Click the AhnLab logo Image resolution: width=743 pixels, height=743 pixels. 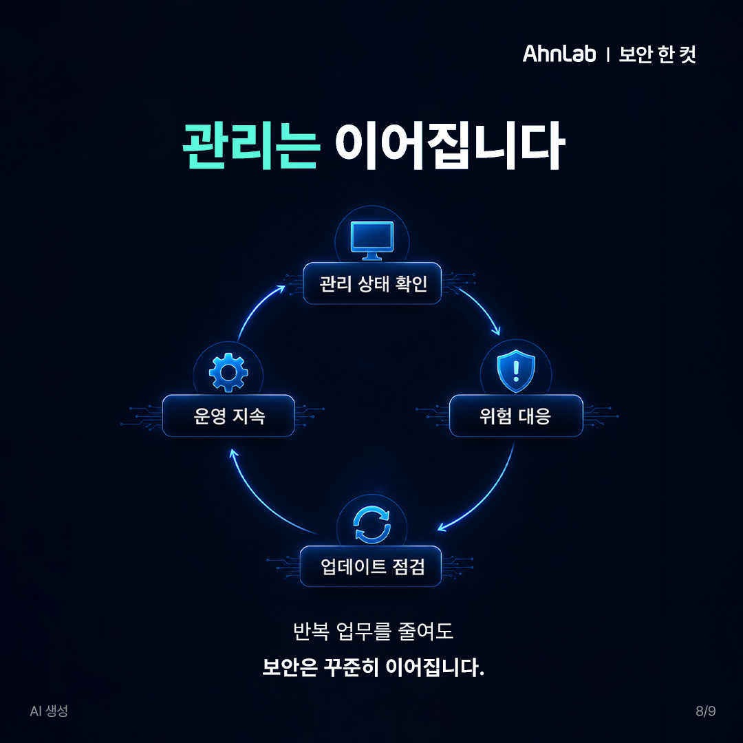[x=559, y=54]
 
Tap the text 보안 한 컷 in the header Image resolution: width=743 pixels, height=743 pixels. [x=657, y=54]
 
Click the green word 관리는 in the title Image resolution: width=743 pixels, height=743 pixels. [x=250, y=145]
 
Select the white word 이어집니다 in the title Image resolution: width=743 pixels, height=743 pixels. [x=449, y=145]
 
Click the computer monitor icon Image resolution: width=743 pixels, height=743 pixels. [x=372, y=240]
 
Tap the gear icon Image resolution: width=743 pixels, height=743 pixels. [x=228, y=372]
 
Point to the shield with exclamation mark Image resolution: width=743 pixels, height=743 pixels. [x=516, y=371]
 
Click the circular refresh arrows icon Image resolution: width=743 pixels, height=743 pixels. [x=372, y=524]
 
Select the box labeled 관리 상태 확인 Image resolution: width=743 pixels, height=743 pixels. [x=372, y=283]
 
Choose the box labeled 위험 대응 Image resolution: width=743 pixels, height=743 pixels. [x=516, y=416]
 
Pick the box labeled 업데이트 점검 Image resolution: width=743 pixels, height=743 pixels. [x=371, y=566]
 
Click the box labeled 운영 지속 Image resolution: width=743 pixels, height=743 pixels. [x=228, y=416]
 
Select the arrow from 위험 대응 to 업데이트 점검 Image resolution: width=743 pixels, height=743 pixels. [x=488, y=497]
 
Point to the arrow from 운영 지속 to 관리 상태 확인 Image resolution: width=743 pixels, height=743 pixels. [x=257, y=307]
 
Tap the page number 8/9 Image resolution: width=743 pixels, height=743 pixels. [x=706, y=711]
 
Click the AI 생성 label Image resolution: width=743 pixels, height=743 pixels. [x=49, y=711]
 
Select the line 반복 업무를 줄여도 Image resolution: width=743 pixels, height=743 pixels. [x=373, y=631]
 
